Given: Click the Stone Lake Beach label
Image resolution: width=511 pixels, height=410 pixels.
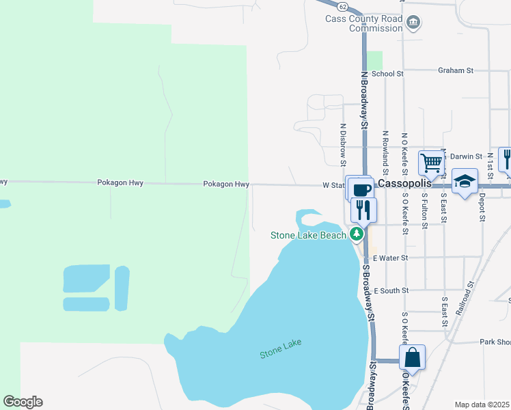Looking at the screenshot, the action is (x=309, y=235).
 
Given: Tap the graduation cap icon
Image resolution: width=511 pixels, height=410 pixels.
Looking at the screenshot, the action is (x=465, y=182).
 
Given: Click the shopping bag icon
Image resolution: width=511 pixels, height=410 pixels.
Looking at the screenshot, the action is (x=413, y=357).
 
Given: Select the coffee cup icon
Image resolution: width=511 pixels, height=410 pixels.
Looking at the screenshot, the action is (x=360, y=189).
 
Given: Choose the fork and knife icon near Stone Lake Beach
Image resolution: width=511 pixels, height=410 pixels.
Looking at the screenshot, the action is (x=363, y=209).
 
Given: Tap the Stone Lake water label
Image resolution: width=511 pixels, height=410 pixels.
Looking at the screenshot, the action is (x=280, y=348).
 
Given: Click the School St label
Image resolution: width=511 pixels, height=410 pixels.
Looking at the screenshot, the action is (x=388, y=73).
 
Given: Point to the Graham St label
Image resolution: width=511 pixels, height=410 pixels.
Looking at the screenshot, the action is (x=456, y=70).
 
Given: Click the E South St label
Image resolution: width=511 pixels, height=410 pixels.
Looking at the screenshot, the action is (x=390, y=290).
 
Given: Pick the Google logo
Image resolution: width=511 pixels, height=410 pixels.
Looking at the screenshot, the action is (x=23, y=402).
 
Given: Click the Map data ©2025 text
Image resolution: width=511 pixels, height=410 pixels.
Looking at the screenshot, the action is (x=482, y=405).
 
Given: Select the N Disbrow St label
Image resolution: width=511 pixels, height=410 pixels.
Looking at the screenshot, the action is (x=343, y=144).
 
